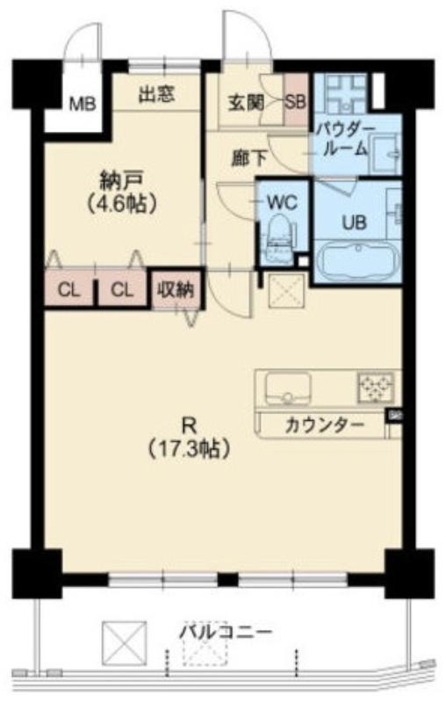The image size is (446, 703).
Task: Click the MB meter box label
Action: pyautogui.click(x=83, y=105)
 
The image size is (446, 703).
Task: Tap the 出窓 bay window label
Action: pyautogui.click(x=156, y=95)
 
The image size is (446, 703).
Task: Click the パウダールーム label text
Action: pyautogui.click(x=345, y=139)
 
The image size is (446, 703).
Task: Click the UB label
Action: pyautogui.click(x=355, y=222)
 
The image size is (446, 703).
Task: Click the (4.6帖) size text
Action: pyautogui.click(x=122, y=204)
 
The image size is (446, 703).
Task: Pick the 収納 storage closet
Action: pyautogui.click(x=176, y=290)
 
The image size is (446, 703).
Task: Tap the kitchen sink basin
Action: pyautogui.click(x=288, y=388)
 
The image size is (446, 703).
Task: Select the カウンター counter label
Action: pyautogui.click(x=324, y=425)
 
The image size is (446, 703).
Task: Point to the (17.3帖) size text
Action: pyautogui.click(x=189, y=448)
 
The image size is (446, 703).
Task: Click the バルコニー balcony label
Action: pyautogui.click(x=227, y=633)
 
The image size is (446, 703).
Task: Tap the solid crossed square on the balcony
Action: pyautogui.click(x=125, y=643)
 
